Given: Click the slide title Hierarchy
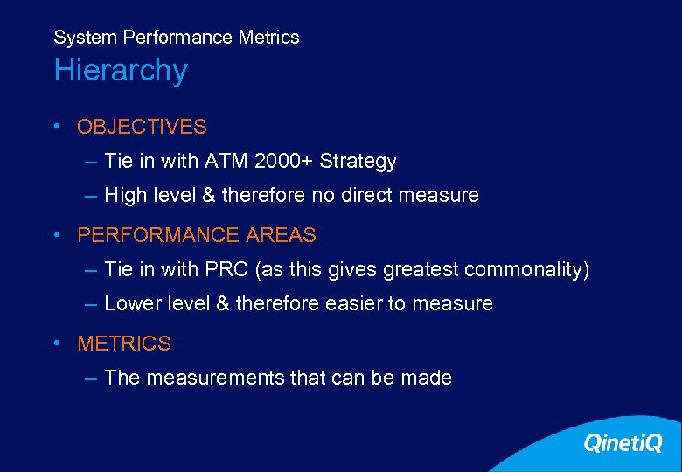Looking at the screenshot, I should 121,71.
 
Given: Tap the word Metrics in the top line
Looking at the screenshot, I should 271,38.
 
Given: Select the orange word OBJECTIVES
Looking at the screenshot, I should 142,127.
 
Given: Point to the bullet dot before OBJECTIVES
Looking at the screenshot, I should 56,126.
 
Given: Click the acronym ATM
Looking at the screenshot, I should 226,162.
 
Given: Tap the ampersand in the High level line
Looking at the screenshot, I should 208,196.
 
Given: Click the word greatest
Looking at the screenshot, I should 423,270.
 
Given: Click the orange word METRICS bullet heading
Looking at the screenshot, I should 124,344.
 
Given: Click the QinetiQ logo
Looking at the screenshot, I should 623,443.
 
